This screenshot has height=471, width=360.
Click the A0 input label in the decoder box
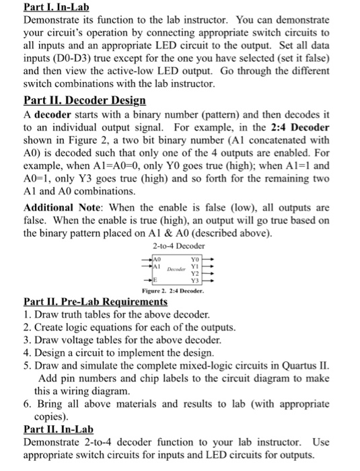[x=157, y=258]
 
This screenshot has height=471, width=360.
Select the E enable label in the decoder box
[x=156, y=281]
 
